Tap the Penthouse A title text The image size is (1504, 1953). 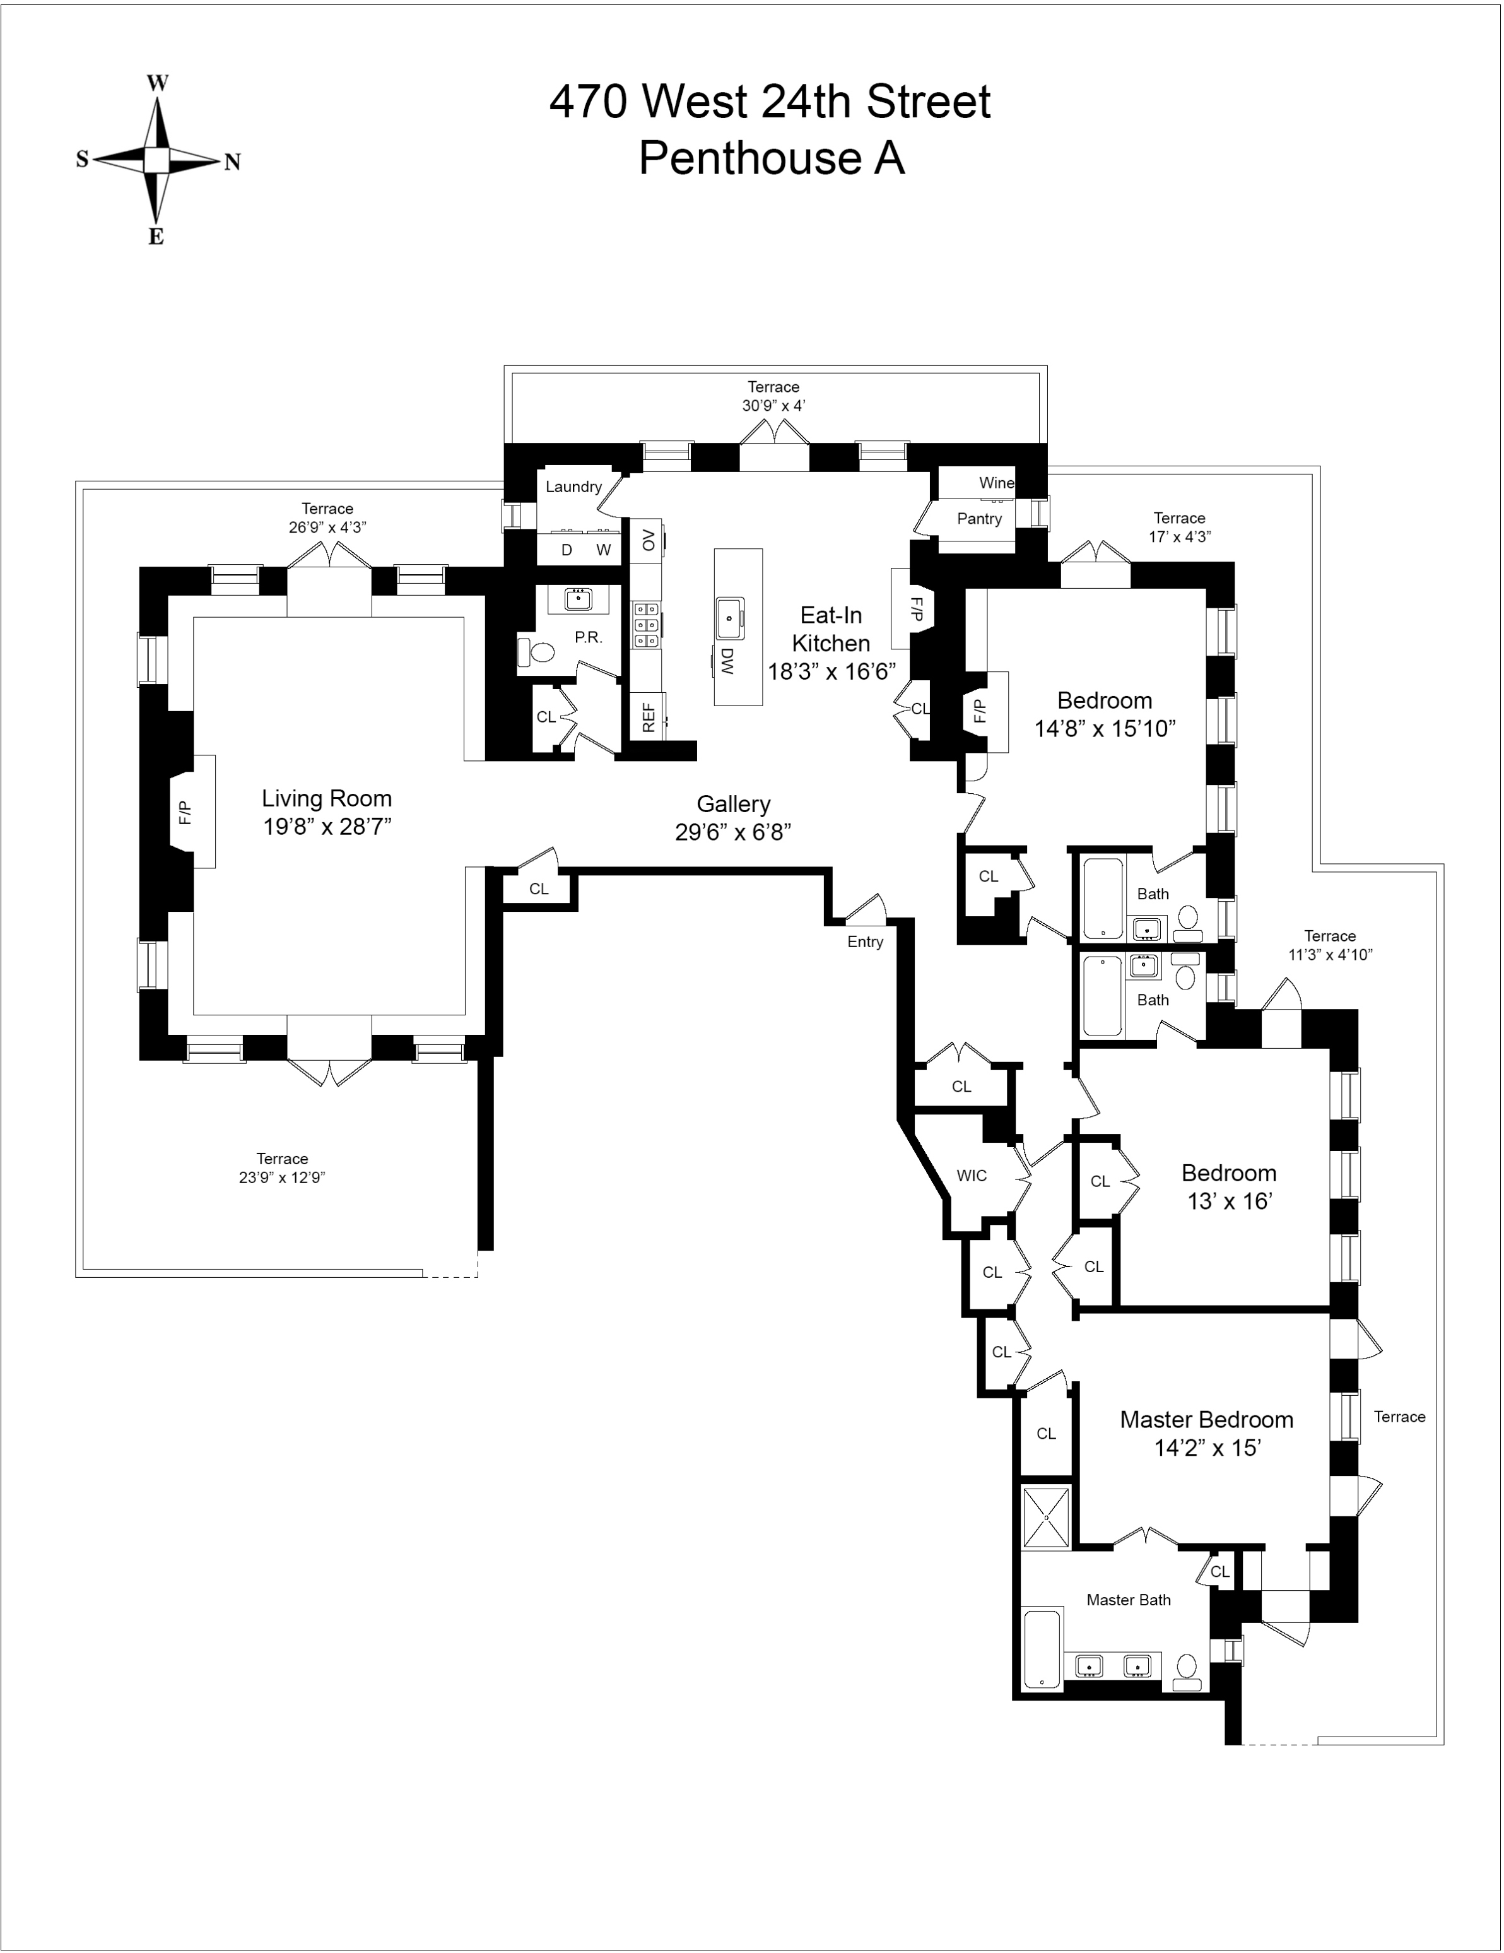pyautogui.click(x=771, y=158)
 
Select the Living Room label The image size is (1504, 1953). pyautogui.click(x=326, y=798)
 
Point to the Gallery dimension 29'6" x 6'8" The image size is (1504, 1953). pyautogui.click(x=732, y=832)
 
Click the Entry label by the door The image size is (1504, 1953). pyautogui.click(x=865, y=941)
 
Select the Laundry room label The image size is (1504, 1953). pyautogui.click(x=573, y=487)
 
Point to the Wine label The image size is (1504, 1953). pyautogui.click(x=996, y=483)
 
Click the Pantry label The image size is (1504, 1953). pyautogui.click(x=979, y=519)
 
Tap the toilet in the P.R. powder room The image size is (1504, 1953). pyautogui.click(x=536, y=653)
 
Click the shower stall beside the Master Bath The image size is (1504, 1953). pyautogui.click(x=1046, y=1518)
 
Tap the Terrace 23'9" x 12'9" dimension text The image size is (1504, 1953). pyautogui.click(x=281, y=1177)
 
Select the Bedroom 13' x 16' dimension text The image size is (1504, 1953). pyautogui.click(x=1228, y=1202)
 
